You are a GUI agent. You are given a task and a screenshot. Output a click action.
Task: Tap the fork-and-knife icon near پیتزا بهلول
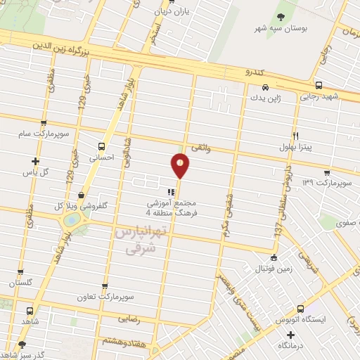(295, 136)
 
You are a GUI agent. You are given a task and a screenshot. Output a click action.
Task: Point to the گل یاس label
(54, 171)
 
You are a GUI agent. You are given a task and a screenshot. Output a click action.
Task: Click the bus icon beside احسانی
(103, 148)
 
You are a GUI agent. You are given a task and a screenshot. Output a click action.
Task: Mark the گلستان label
(21, 283)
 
